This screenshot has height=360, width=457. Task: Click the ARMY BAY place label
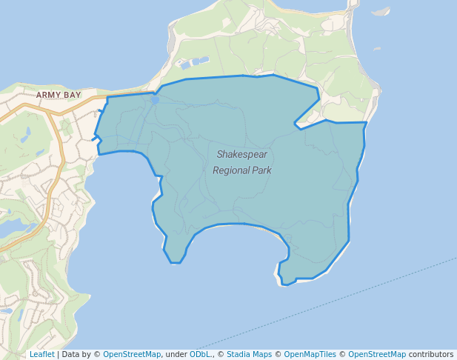click(x=57, y=95)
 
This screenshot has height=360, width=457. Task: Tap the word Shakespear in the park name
click(x=241, y=155)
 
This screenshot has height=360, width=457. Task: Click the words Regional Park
click(x=241, y=170)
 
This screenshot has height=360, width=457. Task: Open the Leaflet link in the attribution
click(x=41, y=354)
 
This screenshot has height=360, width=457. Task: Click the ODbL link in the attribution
click(x=201, y=354)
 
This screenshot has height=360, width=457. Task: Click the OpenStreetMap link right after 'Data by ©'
click(x=132, y=354)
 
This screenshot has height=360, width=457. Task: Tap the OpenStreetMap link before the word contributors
click(x=377, y=354)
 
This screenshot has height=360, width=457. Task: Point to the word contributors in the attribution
click(x=430, y=354)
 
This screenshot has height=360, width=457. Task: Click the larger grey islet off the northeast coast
click(x=381, y=12)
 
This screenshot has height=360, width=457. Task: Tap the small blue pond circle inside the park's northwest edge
click(x=153, y=99)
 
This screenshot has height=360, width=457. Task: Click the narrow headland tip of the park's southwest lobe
click(x=176, y=262)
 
